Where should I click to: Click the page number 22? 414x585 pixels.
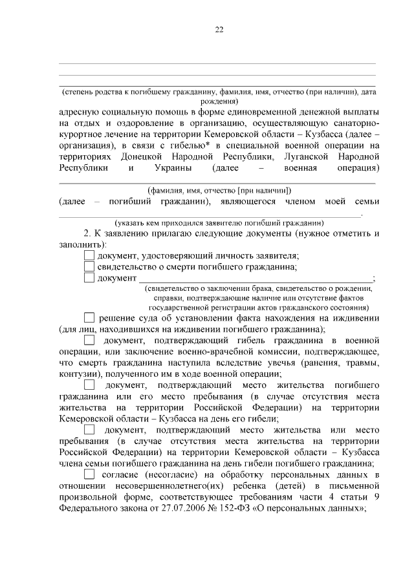pyautogui.click(x=219, y=30)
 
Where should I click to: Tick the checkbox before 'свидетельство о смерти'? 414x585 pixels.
pyautogui.click(x=89, y=267)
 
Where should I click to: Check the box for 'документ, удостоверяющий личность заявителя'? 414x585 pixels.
pyautogui.click(x=89, y=255)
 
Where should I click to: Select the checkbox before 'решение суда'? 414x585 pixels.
pyautogui.click(x=89, y=317)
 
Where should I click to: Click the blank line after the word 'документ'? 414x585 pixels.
pyautogui.click(x=256, y=279)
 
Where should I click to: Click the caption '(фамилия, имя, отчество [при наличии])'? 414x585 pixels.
pyautogui.click(x=217, y=191)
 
